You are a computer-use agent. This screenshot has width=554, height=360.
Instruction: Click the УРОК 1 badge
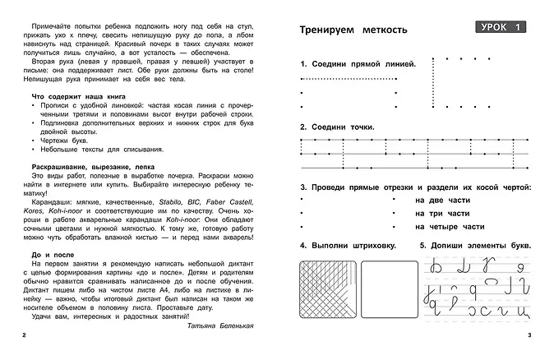[x=501, y=29]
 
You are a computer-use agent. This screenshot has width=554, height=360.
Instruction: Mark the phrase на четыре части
[x=450, y=226]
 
